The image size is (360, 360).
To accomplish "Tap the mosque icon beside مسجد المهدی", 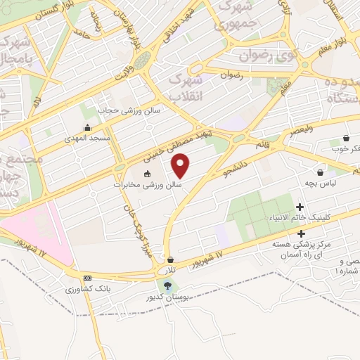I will click(x=87, y=127).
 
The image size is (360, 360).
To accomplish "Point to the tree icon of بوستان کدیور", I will click(x=167, y=285).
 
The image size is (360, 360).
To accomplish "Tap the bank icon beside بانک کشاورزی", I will click(x=86, y=278).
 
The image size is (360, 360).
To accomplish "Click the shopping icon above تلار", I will click(x=170, y=259).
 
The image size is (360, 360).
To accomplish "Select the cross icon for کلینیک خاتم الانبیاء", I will click(x=301, y=207).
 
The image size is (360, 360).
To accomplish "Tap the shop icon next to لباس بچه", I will click(x=321, y=172).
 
